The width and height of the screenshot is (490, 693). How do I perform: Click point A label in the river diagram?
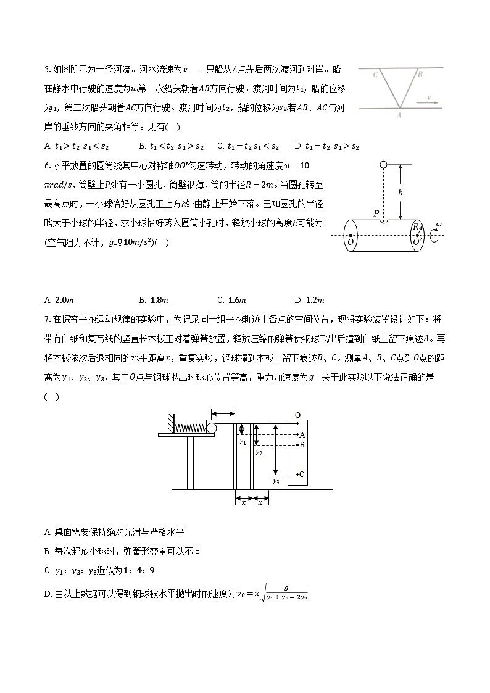[x=399, y=114]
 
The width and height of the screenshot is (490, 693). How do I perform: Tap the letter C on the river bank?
[x=375, y=74]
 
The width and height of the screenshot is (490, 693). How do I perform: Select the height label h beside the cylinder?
[x=401, y=193]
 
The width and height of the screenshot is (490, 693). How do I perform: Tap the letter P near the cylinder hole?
[x=376, y=213]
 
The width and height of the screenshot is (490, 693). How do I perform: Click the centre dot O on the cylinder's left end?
[x=351, y=235]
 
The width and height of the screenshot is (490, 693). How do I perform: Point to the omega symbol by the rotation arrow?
[x=438, y=224]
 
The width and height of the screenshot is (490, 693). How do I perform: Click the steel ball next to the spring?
[x=212, y=428]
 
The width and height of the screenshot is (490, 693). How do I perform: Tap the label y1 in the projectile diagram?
[x=243, y=441]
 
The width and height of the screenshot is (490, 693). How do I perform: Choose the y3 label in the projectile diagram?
[x=276, y=480]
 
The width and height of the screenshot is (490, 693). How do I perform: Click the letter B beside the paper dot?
[x=302, y=444]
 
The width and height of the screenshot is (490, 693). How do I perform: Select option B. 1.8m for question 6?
[x=154, y=300]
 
